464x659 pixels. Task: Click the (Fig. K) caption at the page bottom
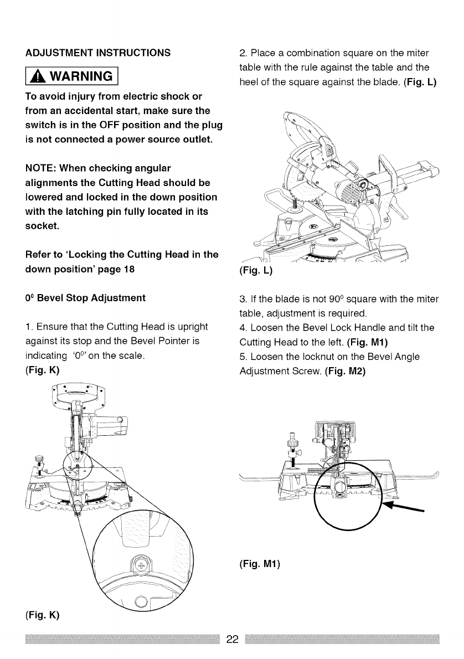pos(42,615)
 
